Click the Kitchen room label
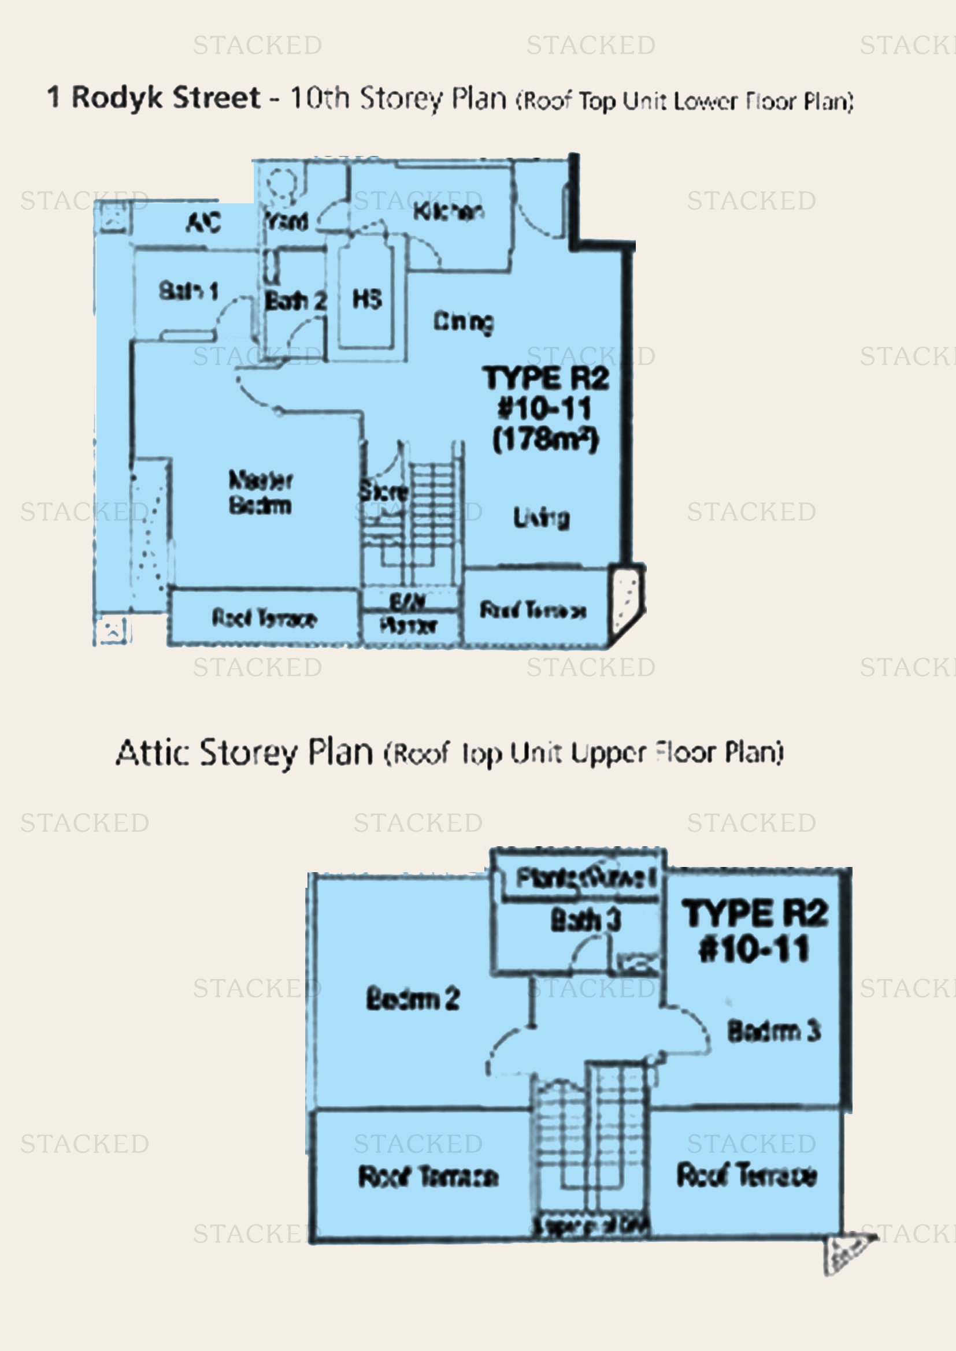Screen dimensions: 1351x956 click(449, 211)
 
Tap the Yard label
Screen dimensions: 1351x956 click(287, 221)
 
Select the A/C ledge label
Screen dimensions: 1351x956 click(203, 222)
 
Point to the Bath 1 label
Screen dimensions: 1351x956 click(188, 291)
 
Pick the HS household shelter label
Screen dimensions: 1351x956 click(367, 299)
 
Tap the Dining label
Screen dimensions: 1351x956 click(464, 322)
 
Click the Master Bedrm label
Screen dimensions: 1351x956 click(260, 493)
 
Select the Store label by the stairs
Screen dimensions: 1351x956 click(383, 492)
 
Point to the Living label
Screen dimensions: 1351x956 click(541, 517)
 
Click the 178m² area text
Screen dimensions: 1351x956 click(545, 440)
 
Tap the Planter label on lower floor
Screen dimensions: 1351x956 click(409, 625)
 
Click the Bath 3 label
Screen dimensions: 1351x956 click(585, 920)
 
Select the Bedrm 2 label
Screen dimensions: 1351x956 click(413, 999)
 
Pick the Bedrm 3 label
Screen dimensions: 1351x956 click(773, 1031)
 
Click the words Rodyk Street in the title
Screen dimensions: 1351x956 click(165, 98)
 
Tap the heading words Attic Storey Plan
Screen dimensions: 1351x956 click(244, 753)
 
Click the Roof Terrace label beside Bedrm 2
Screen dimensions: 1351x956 click(428, 1177)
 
